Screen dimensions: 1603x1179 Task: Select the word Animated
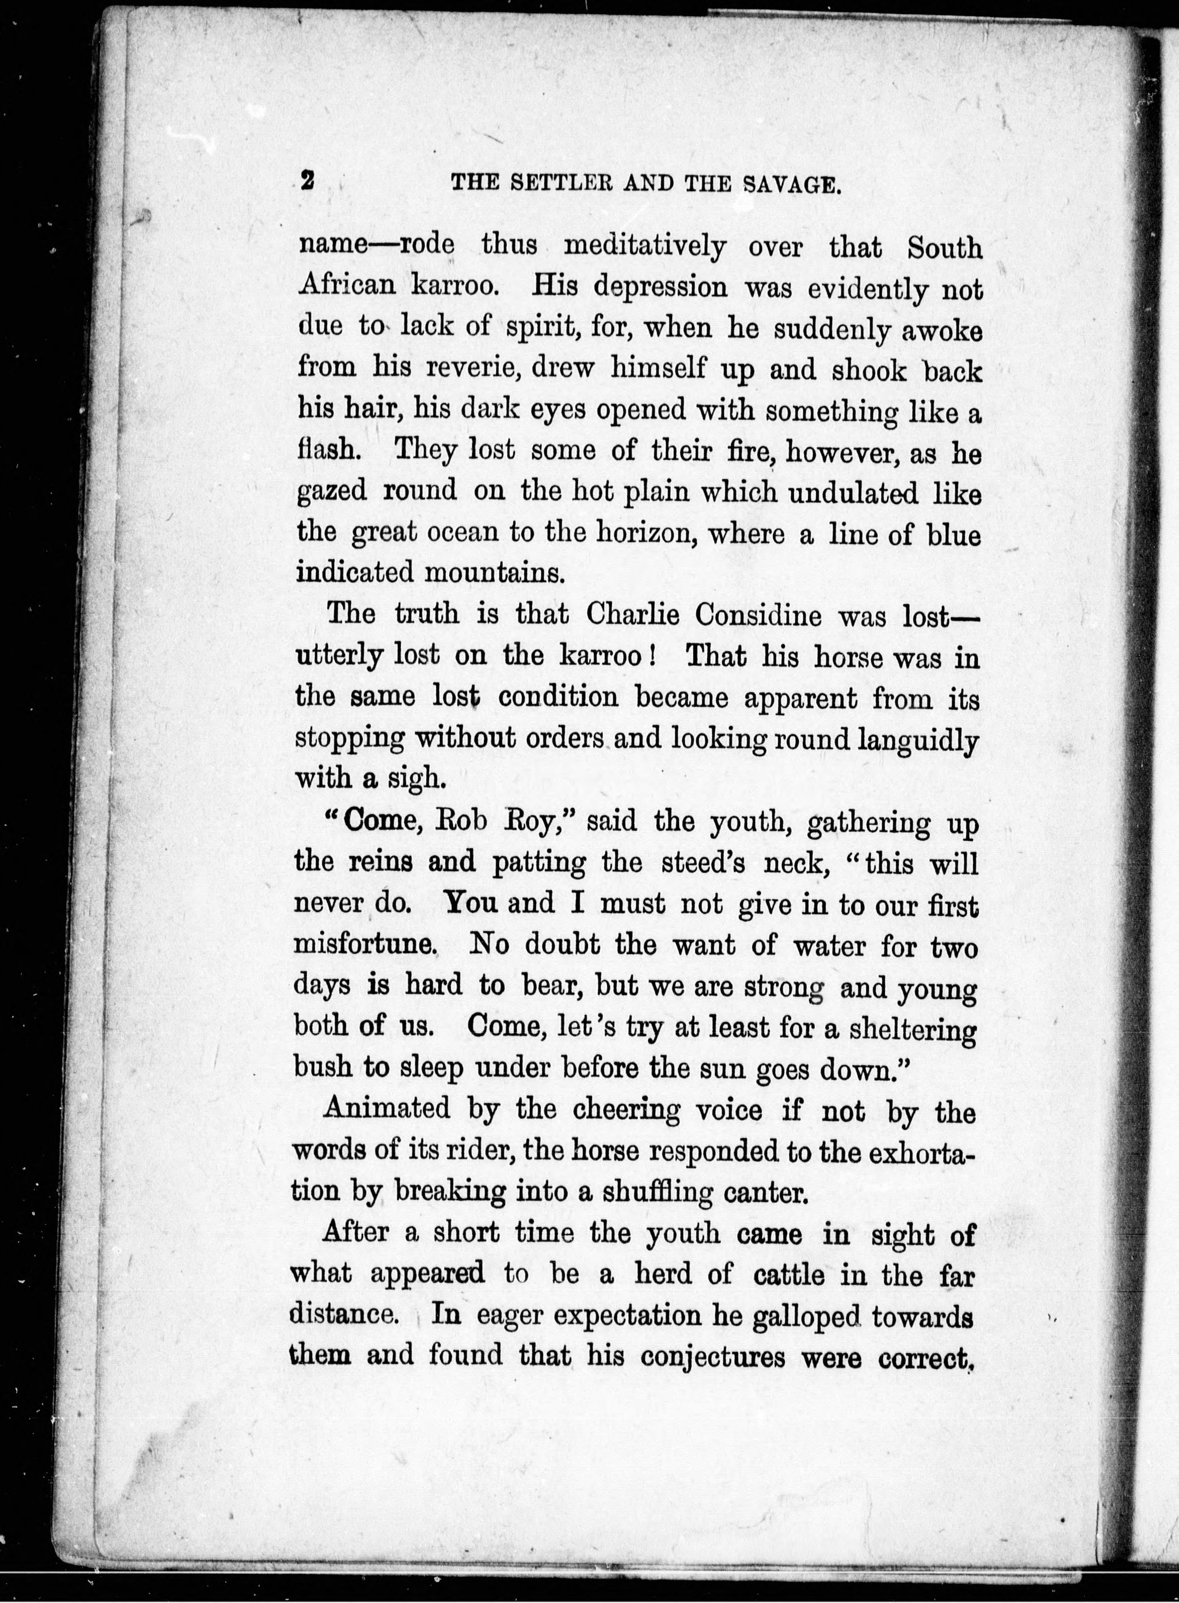387,1108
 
